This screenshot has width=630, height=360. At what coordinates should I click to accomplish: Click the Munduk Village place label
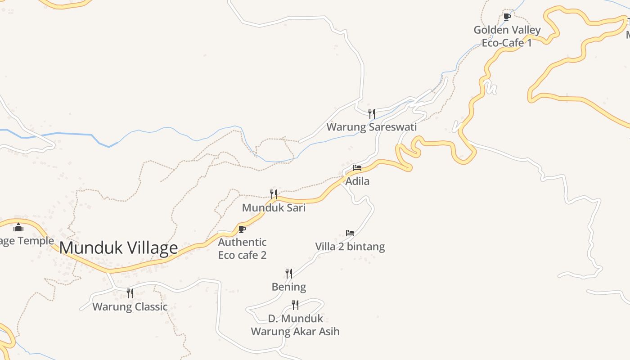(x=119, y=248)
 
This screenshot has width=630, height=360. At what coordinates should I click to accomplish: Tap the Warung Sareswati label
(x=372, y=127)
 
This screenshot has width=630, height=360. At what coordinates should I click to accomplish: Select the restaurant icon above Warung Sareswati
(x=372, y=113)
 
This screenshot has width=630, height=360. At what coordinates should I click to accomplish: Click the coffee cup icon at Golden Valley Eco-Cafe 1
(x=507, y=17)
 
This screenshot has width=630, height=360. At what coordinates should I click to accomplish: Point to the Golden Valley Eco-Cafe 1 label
(x=507, y=36)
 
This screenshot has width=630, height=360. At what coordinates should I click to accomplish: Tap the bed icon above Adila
(x=357, y=168)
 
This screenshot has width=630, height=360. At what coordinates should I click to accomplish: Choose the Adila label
(x=357, y=181)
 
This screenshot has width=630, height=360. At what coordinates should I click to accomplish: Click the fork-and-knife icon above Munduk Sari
(x=274, y=194)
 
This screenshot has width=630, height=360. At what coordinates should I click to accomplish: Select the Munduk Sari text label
(x=274, y=208)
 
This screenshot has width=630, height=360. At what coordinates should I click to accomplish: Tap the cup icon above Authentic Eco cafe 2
(x=242, y=229)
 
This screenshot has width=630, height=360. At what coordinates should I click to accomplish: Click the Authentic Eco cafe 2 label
(x=242, y=249)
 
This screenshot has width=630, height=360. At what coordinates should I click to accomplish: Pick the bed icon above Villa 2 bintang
(x=350, y=233)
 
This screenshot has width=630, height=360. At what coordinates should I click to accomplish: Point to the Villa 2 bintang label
(x=350, y=247)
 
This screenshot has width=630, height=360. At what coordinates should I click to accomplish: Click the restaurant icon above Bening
(x=289, y=273)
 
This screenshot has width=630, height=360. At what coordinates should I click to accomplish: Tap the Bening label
(x=289, y=287)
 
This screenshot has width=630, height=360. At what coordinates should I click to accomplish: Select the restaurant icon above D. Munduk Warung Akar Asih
(x=295, y=305)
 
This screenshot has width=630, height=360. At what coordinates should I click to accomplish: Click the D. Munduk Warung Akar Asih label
(x=295, y=325)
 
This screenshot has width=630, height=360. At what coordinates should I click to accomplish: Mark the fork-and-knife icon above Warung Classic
(x=130, y=293)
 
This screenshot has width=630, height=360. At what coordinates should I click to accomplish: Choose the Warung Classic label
(x=130, y=307)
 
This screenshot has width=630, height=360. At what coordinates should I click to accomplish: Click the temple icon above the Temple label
(x=18, y=227)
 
